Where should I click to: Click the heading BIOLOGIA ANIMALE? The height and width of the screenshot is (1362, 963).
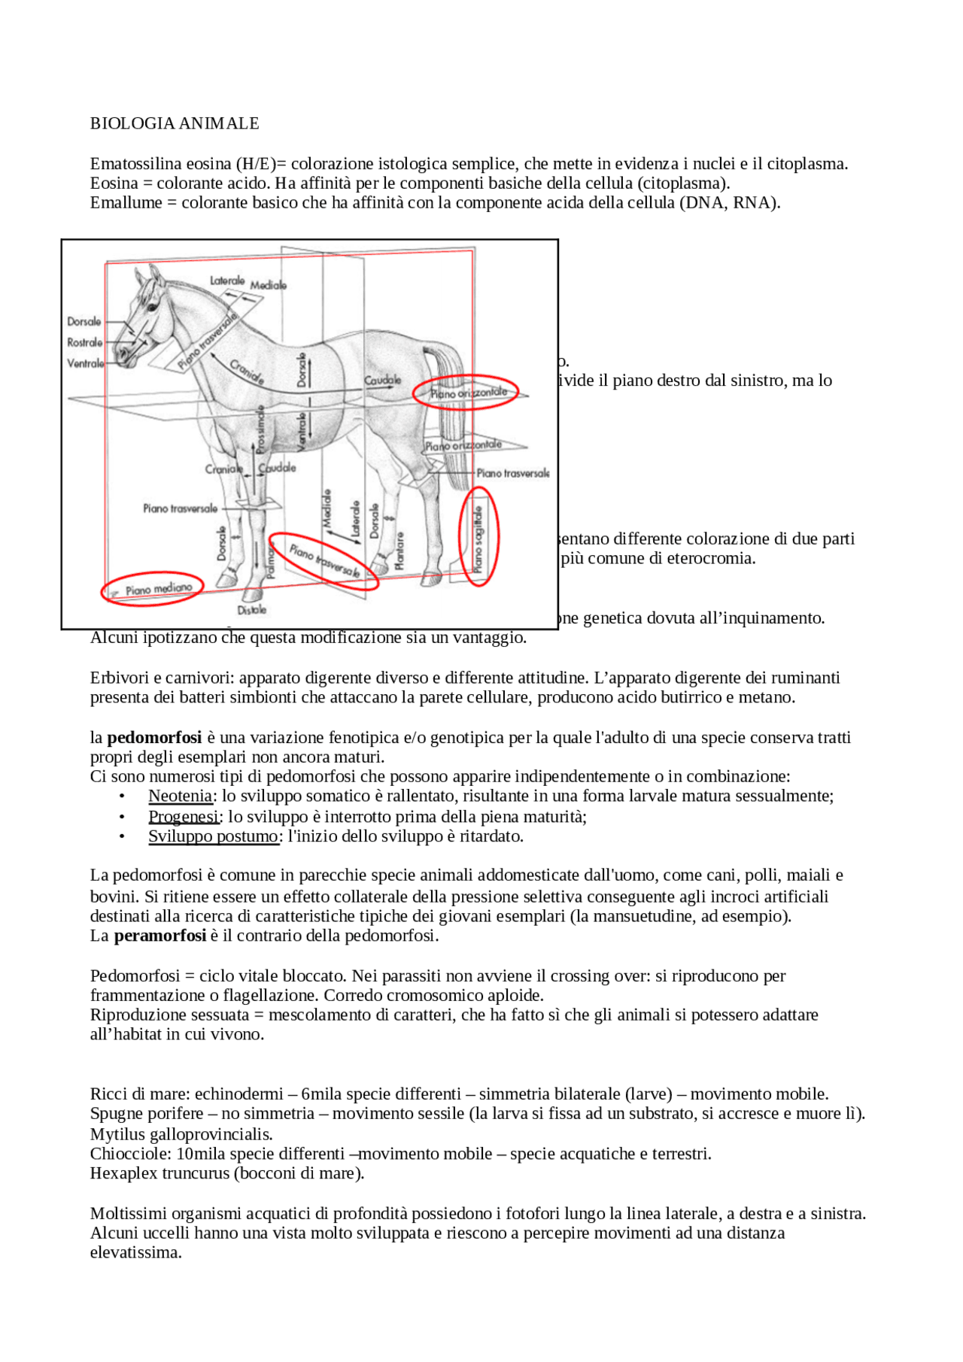(175, 123)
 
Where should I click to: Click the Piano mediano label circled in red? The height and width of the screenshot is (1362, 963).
(159, 590)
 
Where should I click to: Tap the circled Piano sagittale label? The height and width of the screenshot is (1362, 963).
(478, 538)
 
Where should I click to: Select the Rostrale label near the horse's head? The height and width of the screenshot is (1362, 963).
(84, 342)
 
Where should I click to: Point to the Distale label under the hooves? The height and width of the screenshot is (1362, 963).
(252, 610)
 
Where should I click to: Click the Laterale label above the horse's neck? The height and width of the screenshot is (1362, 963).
(227, 281)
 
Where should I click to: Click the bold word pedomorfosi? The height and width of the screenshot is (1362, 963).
(154, 738)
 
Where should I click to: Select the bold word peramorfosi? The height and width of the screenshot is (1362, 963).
(159, 936)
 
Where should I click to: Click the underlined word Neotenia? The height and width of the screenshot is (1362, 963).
(180, 796)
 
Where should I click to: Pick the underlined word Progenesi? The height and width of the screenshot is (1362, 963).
(183, 817)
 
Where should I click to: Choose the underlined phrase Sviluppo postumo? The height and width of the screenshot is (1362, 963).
(213, 836)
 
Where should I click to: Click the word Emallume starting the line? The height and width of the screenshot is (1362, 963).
(126, 203)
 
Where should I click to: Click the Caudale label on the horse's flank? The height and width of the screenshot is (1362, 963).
(382, 381)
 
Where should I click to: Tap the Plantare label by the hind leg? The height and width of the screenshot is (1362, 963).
(399, 550)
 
